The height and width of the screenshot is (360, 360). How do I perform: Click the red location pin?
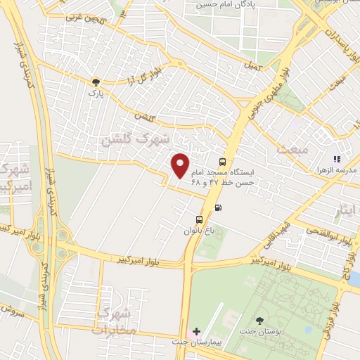(181, 165)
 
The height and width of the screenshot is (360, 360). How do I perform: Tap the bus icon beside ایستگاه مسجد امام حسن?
(223, 161)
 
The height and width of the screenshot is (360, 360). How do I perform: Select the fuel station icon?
(218, 207)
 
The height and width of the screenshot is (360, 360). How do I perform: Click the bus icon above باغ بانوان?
(199, 219)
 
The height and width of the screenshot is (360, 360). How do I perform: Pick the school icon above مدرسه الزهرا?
(337, 160)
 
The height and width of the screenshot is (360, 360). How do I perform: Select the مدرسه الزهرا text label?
(340, 171)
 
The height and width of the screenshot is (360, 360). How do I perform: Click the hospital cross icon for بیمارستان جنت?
(196, 331)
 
